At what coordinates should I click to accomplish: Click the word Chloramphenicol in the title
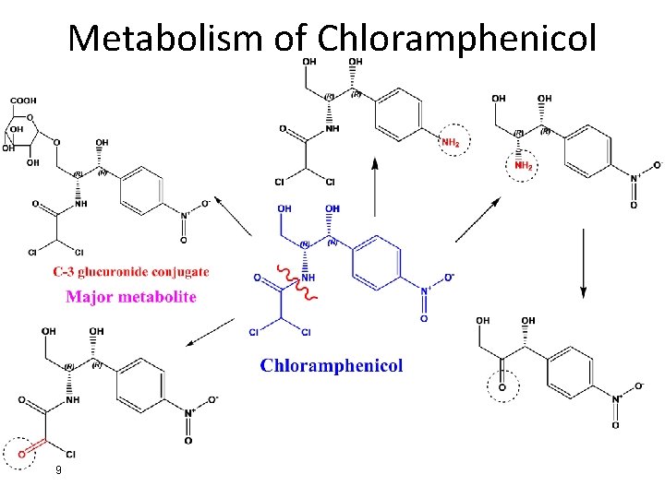pos(456,38)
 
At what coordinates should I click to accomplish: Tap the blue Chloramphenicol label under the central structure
pos(332,365)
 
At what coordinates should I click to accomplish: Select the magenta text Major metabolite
pos(131,297)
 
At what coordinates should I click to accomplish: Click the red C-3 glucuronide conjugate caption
pos(131,272)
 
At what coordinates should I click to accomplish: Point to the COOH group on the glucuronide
pos(23,101)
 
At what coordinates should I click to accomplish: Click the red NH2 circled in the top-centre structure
pos(451,143)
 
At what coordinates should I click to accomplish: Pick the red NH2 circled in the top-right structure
pos(524,165)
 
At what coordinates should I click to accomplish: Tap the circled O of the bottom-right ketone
pos(502,387)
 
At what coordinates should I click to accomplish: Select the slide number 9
pos(58,471)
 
